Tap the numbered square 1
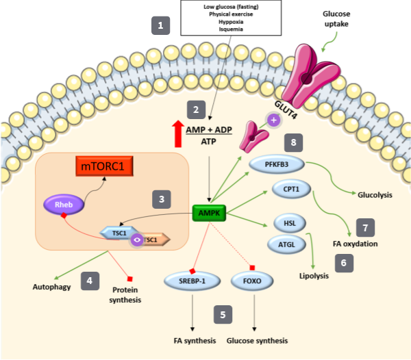coord(161,27)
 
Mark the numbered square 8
coord(293,142)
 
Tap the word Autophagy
coord(51,287)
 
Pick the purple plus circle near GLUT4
coord(274,120)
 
